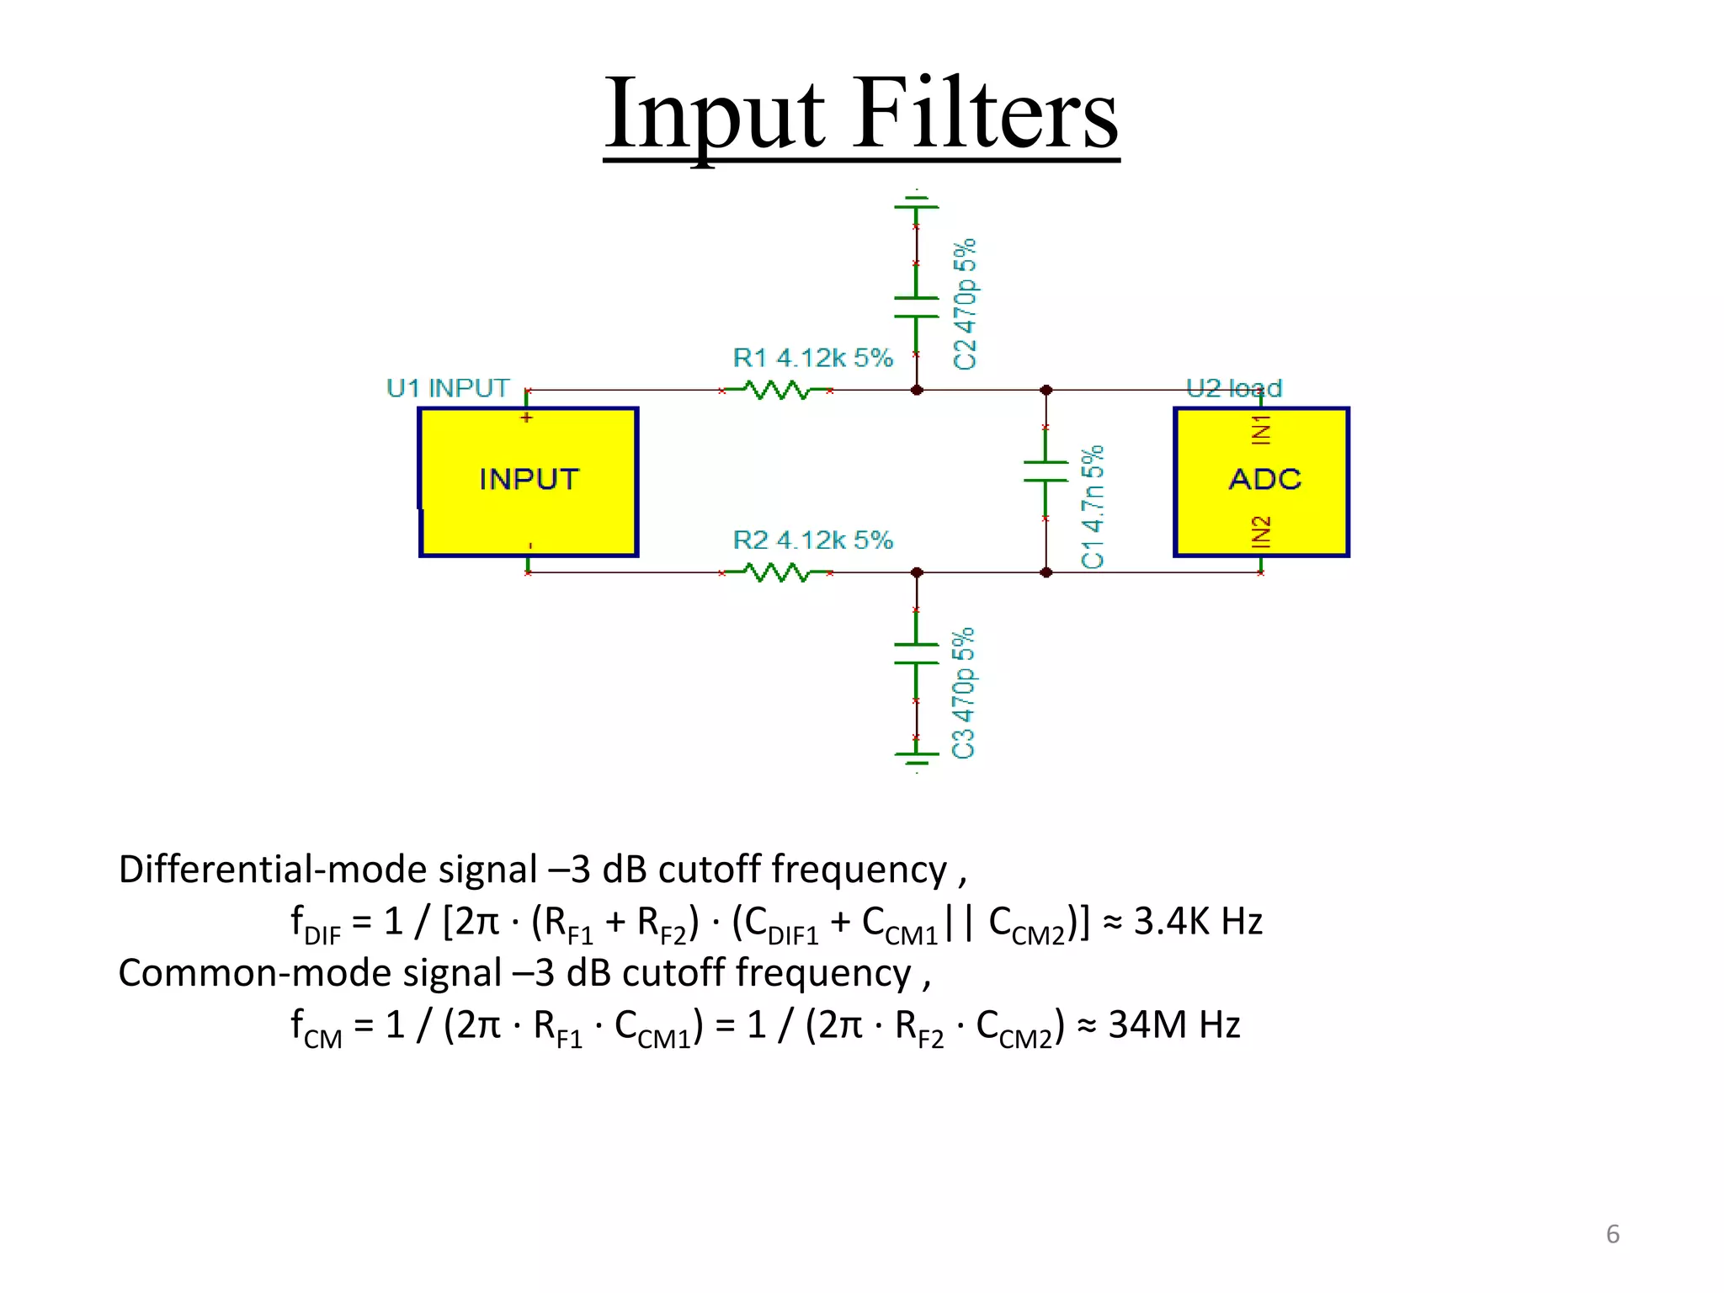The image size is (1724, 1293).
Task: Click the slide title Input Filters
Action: coord(861,114)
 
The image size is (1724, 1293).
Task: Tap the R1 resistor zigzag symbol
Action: coord(777,391)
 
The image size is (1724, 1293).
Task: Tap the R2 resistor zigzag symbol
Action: coord(777,573)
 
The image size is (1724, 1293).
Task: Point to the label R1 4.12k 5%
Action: coord(812,358)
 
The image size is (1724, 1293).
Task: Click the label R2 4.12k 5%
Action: coord(812,540)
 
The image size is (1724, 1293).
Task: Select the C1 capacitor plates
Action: coord(1046,472)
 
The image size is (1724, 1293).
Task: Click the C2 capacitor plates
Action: coord(917,307)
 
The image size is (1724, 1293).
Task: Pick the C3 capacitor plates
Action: coord(917,654)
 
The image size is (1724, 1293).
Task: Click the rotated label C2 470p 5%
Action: coord(965,304)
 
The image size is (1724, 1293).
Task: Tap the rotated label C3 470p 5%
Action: coord(963,693)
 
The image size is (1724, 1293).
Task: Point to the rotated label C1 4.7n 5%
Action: coord(1093,508)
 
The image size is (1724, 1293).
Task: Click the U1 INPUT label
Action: coord(448,388)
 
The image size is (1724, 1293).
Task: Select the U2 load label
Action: coord(1234,388)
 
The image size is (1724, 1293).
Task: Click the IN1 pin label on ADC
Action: coord(1260,429)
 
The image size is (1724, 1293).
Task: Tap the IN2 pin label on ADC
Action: coord(1260,532)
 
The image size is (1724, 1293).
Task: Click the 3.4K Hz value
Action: coord(1198,922)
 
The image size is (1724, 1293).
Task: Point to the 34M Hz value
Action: coord(1174,1025)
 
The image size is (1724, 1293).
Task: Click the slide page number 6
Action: coord(1612,1234)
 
